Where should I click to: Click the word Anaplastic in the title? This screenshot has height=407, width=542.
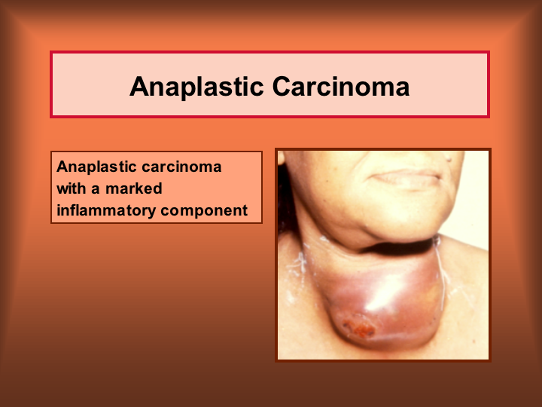click(196, 87)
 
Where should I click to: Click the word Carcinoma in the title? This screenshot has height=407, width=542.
click(341, 86)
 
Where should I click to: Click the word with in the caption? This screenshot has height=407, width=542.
click(72, 188)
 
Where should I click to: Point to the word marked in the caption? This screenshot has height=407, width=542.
click(134, 188)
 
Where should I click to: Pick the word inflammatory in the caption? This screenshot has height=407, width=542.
click(106, 211)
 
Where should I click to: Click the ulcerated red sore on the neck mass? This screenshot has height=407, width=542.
click(359, 328)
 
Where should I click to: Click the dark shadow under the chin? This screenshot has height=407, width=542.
click(397, 246)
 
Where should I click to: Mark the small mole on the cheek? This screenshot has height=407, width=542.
click(449, 159)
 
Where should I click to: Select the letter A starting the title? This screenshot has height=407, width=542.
click(139, 86)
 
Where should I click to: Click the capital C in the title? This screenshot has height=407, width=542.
click(282, 86)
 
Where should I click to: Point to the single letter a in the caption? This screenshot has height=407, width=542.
click(95, 190)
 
